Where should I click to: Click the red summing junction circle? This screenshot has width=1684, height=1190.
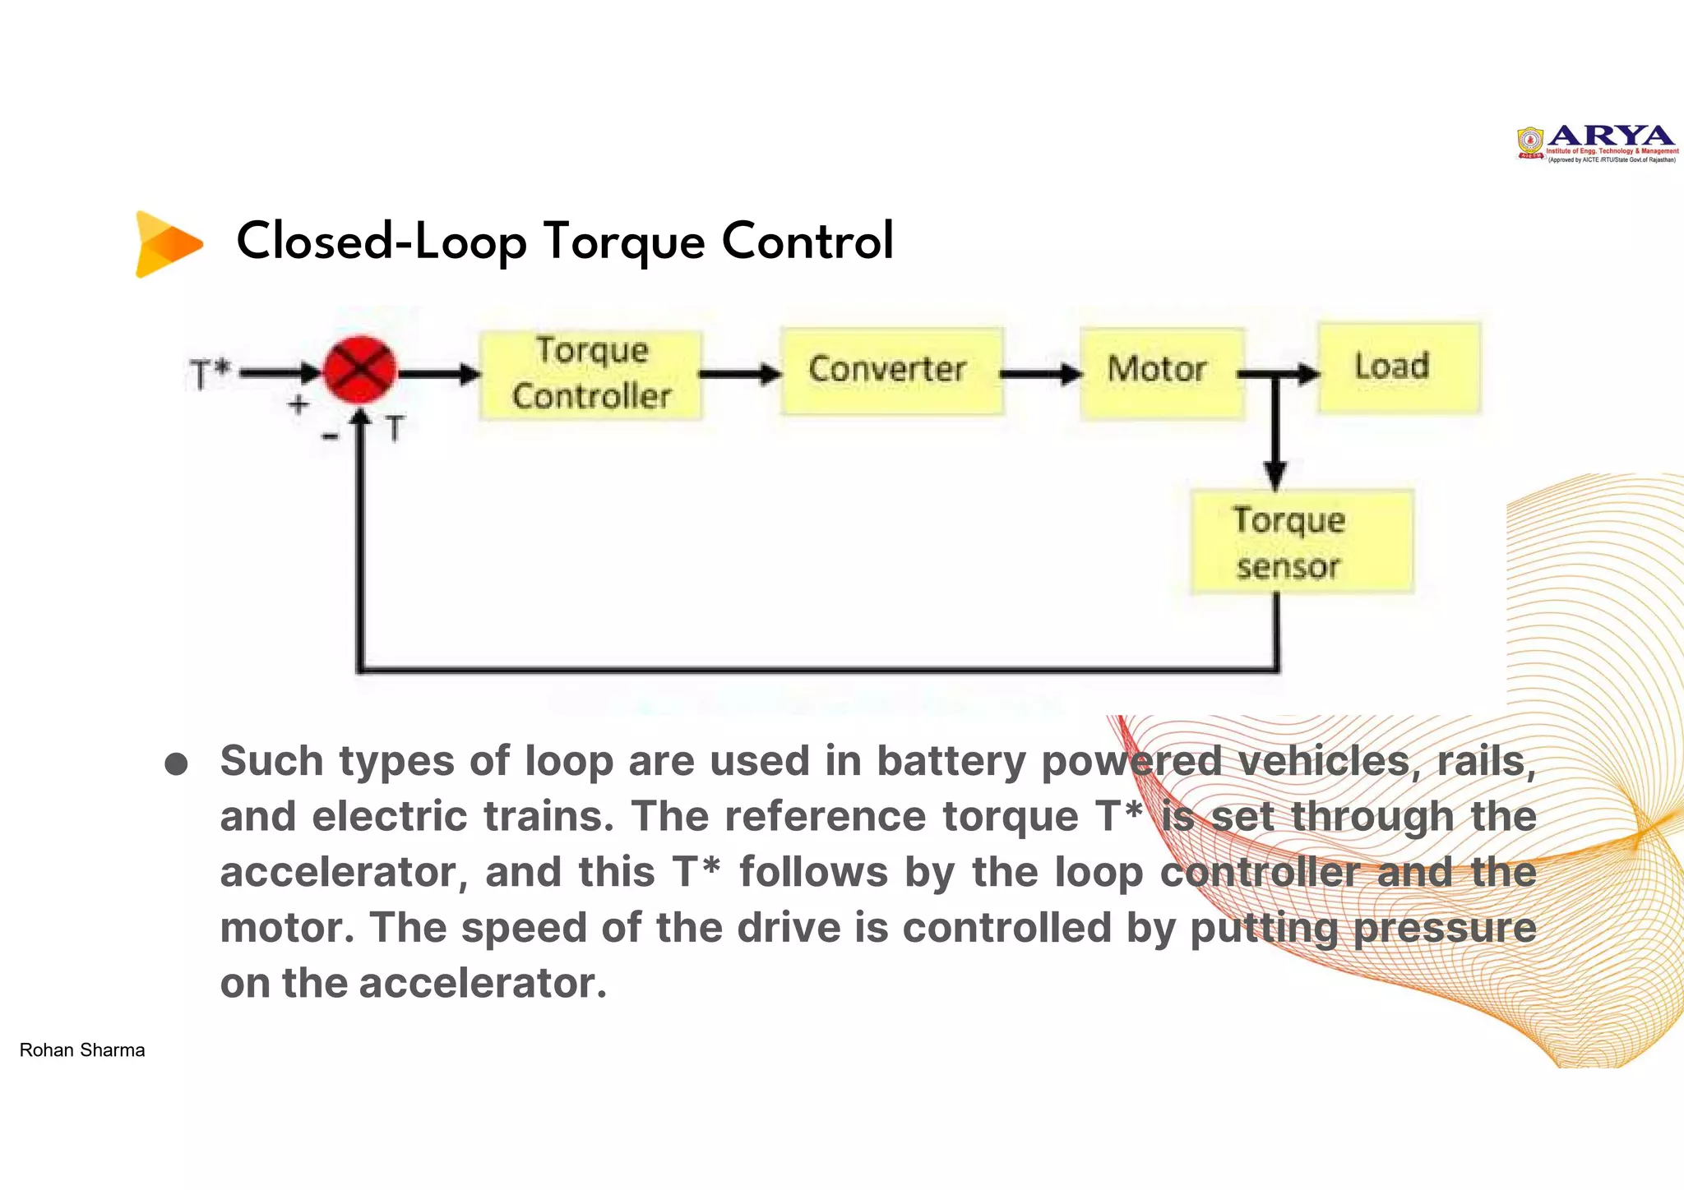pos(359,371)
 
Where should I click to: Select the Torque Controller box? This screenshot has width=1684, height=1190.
pos(590,375)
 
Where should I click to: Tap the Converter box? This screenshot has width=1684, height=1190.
pos(891,371)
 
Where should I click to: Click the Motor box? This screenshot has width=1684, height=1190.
pos(1160,372)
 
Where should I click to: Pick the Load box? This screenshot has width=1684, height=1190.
pos(1398,367)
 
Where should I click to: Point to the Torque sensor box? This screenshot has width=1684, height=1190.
pos(1301,542)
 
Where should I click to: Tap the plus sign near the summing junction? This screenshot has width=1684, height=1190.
pos(298,404)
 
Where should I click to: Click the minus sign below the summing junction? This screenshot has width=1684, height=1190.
pos(331,436)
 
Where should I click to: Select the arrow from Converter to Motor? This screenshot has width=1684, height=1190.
pos(1040,375)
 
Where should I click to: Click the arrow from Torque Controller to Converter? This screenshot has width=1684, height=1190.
pos(739,375)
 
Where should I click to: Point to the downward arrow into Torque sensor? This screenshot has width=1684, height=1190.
pos(1275,444)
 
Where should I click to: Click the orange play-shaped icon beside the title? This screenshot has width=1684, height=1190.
pos(168,244)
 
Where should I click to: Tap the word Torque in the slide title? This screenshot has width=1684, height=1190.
pos(624,242)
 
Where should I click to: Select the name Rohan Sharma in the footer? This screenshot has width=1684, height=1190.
pos(82,1049)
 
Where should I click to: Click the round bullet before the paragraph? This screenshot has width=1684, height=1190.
pos(176,764)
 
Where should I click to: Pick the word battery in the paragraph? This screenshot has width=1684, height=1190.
pos(951,761)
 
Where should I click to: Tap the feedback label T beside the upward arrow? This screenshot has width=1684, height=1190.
pos(396,429)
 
